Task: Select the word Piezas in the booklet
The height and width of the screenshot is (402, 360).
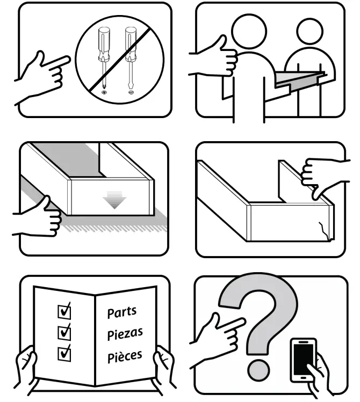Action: (x=125, y=333)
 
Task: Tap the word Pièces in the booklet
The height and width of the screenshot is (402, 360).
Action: (x=125, y=355)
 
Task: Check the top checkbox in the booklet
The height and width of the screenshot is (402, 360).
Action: (x=64, y=311)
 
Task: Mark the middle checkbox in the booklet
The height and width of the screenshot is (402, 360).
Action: (x=64, y=332)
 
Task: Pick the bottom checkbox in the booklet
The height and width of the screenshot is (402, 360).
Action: (x=64, y=353)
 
